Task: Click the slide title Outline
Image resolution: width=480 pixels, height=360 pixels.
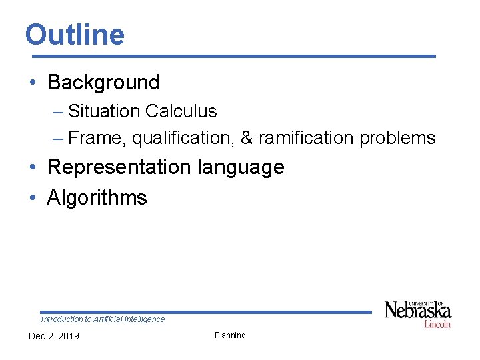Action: tap(75, 35)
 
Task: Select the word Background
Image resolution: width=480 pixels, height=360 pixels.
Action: tap(103, 83)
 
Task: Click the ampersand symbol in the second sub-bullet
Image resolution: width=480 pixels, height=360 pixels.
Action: tap(246, 139)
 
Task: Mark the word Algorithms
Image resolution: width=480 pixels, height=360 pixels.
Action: tap(97, 198)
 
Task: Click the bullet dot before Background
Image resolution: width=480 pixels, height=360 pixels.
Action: tap(33, 83)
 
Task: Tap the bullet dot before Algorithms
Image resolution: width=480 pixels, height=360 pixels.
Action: tap(33, 198)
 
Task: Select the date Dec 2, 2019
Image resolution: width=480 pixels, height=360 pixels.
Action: tap(53, 336)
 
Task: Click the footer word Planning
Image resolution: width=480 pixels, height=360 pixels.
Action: tap(230, 335)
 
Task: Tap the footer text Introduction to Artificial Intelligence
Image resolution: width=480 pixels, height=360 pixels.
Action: tap(103, 319)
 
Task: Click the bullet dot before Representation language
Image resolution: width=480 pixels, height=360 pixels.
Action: tap(33, 167)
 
